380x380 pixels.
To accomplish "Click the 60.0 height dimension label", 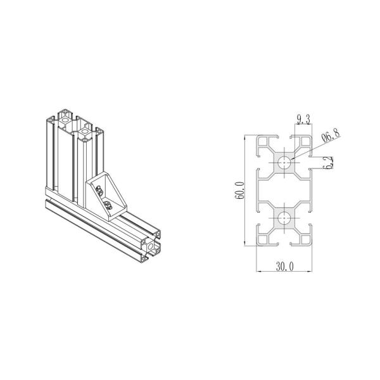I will point(239,191).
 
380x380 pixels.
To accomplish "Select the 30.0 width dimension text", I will point(286,268).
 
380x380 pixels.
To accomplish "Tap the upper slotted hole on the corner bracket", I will point(99,187).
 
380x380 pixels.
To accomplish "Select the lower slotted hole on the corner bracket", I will point(107,204).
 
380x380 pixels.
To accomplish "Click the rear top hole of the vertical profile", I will point(65,117).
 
